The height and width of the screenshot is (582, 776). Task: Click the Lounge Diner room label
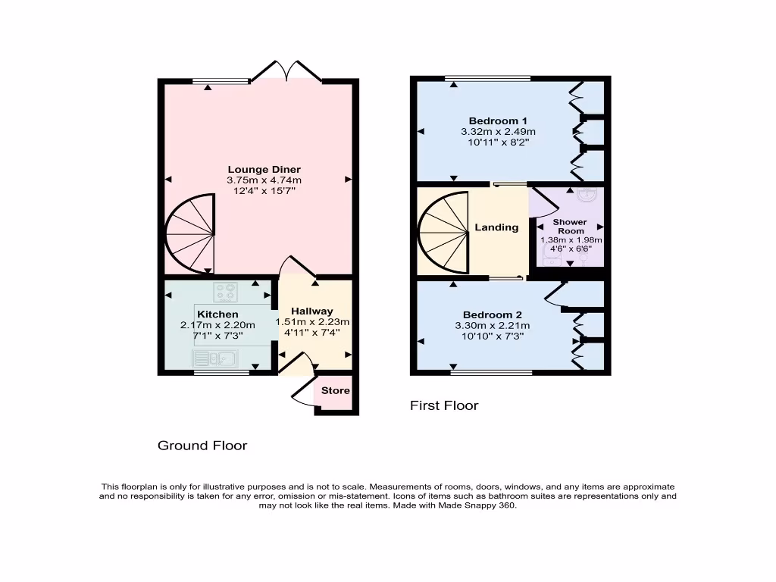(264, 169)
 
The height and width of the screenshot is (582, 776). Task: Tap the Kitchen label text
(217, 314)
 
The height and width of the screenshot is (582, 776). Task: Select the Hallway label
(311, 311)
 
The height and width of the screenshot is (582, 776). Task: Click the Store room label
(335, 390)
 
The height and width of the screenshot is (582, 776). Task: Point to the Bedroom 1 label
(497, 120)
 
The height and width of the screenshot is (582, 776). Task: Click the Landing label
(496, 227)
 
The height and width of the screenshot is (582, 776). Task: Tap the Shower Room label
(569, 227)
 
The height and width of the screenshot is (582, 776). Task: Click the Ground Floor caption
(202, 446)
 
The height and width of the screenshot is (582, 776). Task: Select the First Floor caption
(444, 405)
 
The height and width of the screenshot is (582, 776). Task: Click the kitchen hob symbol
(225, 289)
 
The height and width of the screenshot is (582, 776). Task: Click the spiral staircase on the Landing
(446, 232)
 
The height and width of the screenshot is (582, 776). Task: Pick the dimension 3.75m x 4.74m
(264, 180)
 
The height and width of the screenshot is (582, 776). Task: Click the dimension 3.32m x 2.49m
(497, 131)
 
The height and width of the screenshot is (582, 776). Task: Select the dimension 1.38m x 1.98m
(570, 239)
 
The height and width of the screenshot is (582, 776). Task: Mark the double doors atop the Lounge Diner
(286, 72)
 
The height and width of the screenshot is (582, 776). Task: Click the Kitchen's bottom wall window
(221, 372)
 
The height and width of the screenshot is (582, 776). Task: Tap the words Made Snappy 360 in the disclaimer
(477, 505)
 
